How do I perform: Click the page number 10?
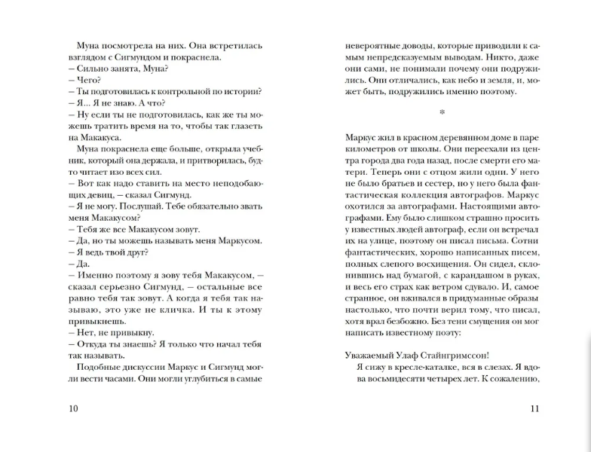[72, 409]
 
